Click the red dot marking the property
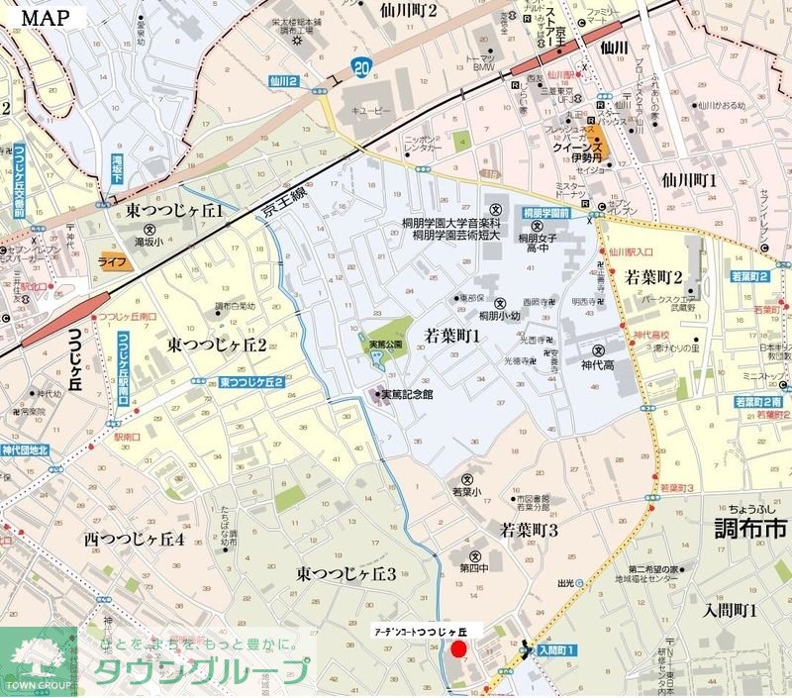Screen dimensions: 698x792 (458, 649)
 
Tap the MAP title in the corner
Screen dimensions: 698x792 (47, 16)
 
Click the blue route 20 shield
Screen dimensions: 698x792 (361, 67)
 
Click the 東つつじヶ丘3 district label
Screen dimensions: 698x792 (346, 574)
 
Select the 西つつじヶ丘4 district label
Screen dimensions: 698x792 (135, 541)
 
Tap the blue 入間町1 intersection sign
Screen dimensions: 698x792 (555, 650)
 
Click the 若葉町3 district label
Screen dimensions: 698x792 (529, 531)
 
